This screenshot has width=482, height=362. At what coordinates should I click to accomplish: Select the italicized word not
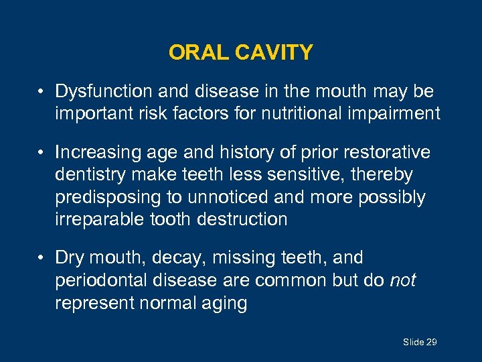click(x=402, y=280)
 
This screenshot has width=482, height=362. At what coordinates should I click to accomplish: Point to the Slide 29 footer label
click(x=419, y=343)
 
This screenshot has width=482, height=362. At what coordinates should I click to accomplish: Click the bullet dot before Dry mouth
click(x=42, y=258)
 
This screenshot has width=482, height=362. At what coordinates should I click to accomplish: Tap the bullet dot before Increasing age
click(x=42, y=153)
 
